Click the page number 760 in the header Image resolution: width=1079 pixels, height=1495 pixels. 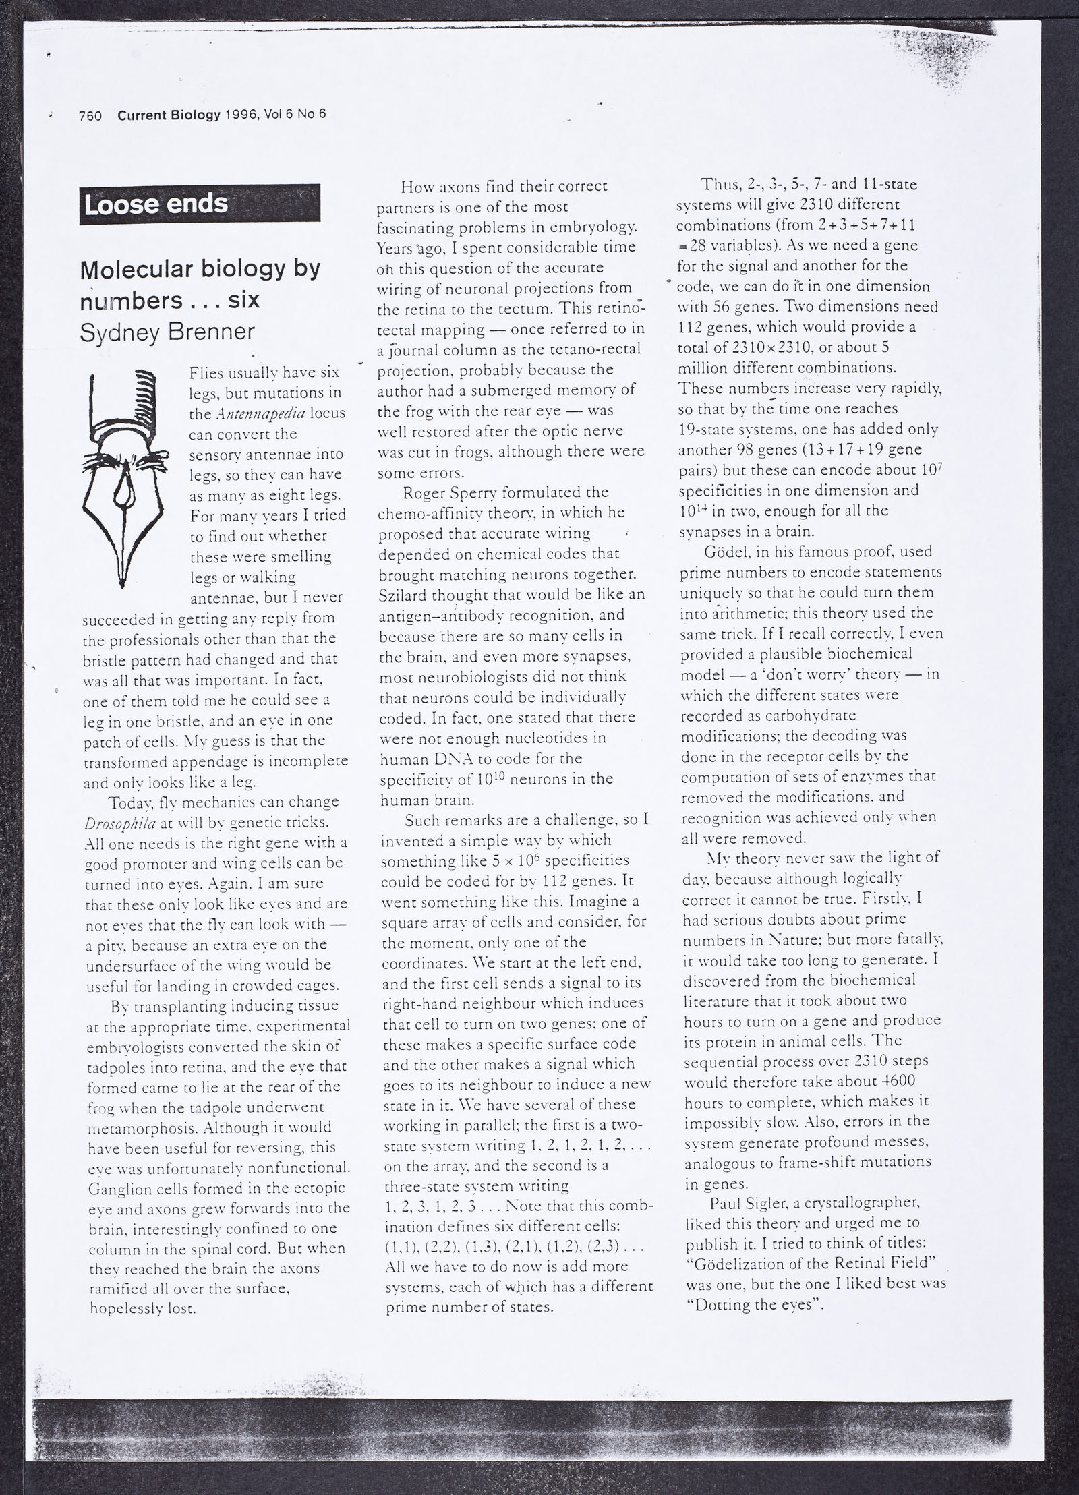tap(90, 116)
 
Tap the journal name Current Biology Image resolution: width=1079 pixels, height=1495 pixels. tap(169, 115)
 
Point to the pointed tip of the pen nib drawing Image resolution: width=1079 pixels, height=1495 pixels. tap(122, 584)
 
